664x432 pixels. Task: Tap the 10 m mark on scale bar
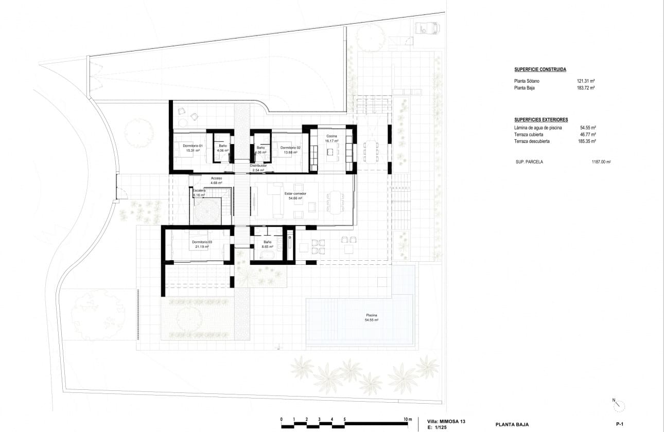408,419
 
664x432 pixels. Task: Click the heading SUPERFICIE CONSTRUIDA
540,69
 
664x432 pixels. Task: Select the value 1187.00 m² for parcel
601,161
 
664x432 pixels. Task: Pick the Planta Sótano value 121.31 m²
586,81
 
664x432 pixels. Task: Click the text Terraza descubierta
532,141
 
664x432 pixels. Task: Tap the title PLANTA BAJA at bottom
513,425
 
